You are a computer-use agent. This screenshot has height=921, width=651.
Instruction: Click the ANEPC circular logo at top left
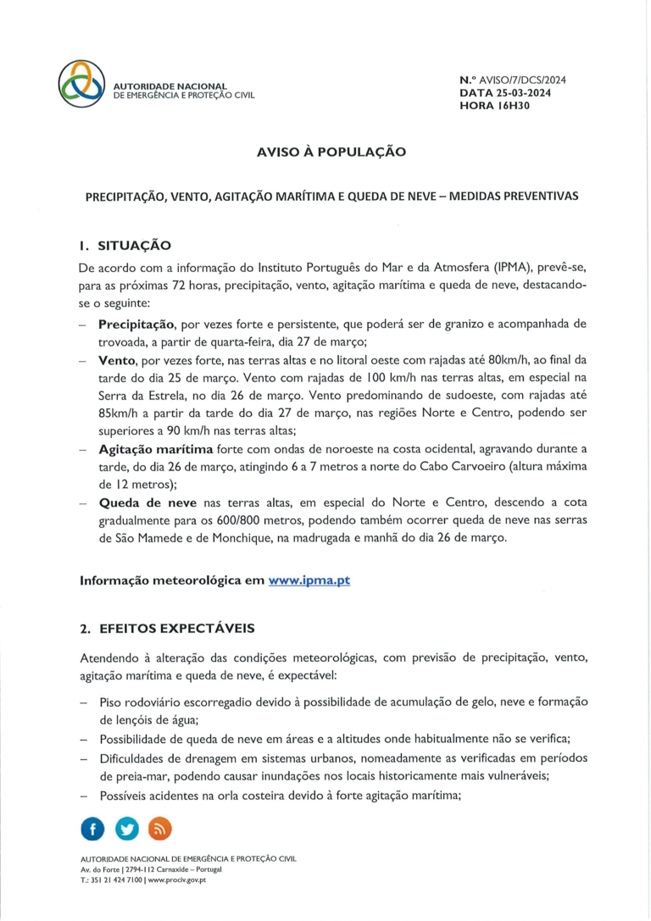coord(82,83)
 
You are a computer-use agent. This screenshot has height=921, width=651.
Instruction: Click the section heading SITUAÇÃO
coord(135,246)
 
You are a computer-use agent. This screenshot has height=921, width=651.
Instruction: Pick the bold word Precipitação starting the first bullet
coord(136,325)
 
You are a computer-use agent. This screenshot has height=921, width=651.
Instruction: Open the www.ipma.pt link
coord(309,580)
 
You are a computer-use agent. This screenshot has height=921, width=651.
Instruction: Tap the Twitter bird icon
coord(127,829)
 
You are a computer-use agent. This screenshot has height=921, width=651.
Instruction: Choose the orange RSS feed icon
coord(160,829)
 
